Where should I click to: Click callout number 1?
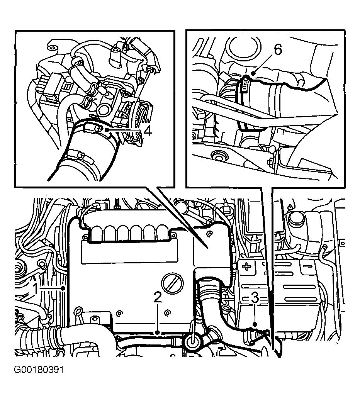click(x=35, y=288)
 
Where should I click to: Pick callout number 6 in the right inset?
click(x=278, y=49)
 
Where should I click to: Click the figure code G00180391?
click(x=39, y=370)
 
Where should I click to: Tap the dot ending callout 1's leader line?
click(x=63, y=288)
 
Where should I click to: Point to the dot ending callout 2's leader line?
click(x=157, y=331)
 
